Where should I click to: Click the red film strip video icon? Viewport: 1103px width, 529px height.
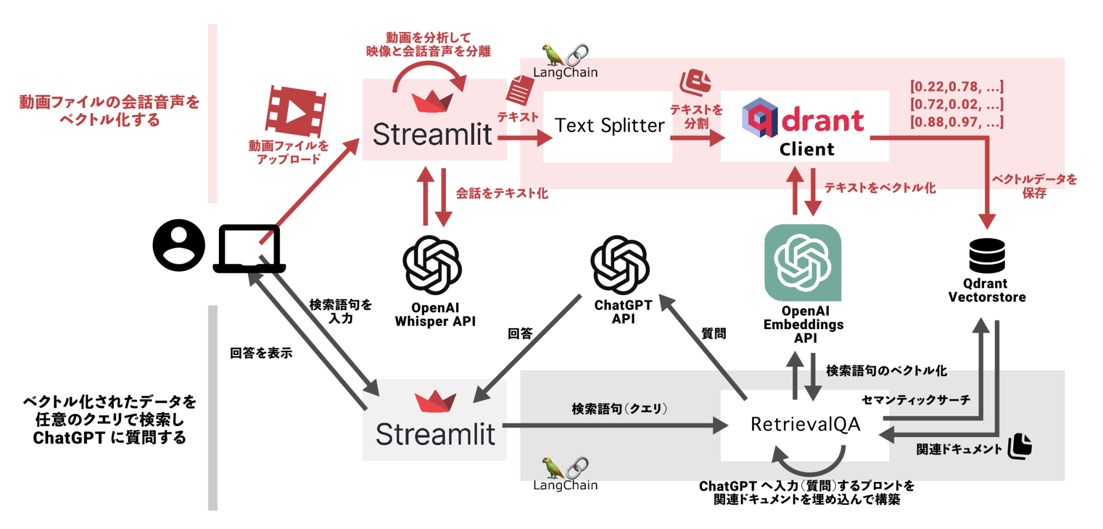click(295, 111)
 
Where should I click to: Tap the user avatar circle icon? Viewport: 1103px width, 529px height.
click(179, 245)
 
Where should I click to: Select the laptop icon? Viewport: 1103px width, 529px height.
click(249, 249)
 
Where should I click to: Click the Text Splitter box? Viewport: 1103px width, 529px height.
click(609, 126)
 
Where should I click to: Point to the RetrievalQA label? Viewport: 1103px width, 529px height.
click(805, 424)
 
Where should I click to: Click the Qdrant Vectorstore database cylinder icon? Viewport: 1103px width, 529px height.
click(987, 256)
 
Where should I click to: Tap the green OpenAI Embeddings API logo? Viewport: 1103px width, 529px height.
click(803, 262)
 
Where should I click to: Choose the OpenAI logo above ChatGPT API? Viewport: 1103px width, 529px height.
click(620, 265)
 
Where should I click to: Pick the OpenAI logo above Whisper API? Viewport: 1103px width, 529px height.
click(432, 265)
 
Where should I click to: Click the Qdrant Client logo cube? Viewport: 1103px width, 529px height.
click(759, 118)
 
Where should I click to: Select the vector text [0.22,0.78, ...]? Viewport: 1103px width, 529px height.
click(957, 87)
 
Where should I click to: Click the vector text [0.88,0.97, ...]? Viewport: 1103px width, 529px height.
click(957, 122)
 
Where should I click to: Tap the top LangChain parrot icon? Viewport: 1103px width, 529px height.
click(553, 55)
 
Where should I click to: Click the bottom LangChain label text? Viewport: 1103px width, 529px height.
click(565, 485)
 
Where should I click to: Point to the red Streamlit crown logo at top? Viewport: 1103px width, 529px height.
click(432, 102)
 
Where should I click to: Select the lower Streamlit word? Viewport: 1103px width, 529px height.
click(435, 435)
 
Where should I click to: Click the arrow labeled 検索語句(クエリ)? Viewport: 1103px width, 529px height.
click(615, 426)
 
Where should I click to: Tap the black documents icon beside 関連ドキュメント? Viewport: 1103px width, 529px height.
click(1020, 447)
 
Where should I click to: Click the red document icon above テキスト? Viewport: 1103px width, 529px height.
click(520, 91)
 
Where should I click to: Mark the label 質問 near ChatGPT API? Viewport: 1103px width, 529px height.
click(714, 334)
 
